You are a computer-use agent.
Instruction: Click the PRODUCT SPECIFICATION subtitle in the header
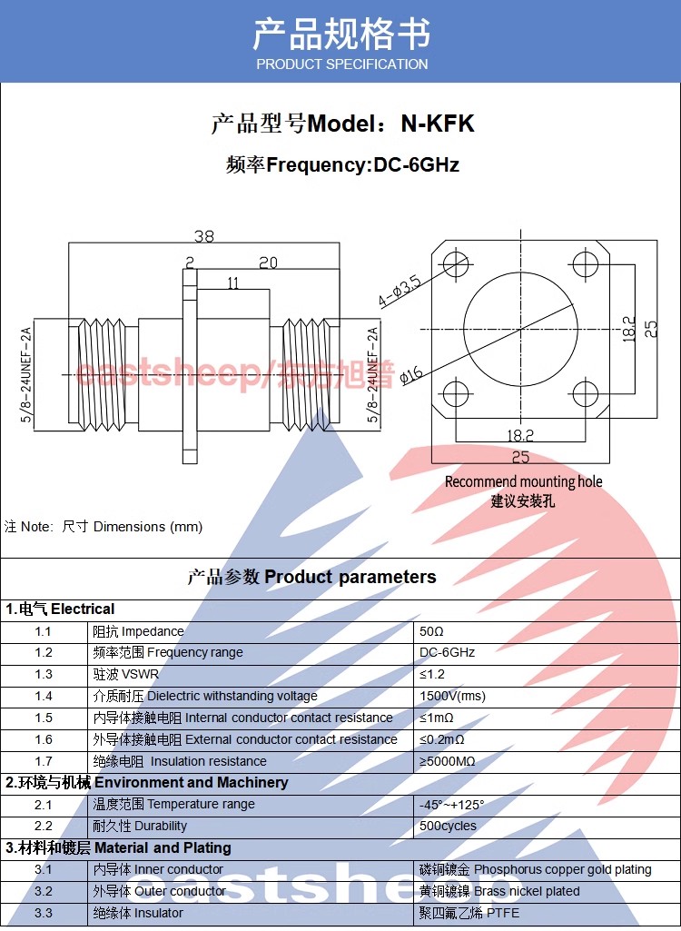pos(341,64)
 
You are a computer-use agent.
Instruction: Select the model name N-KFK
pos(438,124)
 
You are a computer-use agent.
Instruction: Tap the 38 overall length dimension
pos(203,236)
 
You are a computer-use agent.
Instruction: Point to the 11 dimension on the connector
pos(232,283)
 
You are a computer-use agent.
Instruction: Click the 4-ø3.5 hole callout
pos(400,290)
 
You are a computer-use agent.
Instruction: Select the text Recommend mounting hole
pos(523,481)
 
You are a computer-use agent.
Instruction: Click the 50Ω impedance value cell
pos(432,631)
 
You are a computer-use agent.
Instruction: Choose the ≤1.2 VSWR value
pos(433,674)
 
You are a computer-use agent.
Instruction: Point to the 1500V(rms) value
pos(452,696)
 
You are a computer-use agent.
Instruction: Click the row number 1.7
pos(44,761)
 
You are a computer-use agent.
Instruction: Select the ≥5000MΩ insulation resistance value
pos(448,761)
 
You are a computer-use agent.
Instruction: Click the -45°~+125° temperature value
pos(451,805)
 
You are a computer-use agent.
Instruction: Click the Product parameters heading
pos(311,577)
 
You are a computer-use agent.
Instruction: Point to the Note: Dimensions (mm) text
pos(104,527)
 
